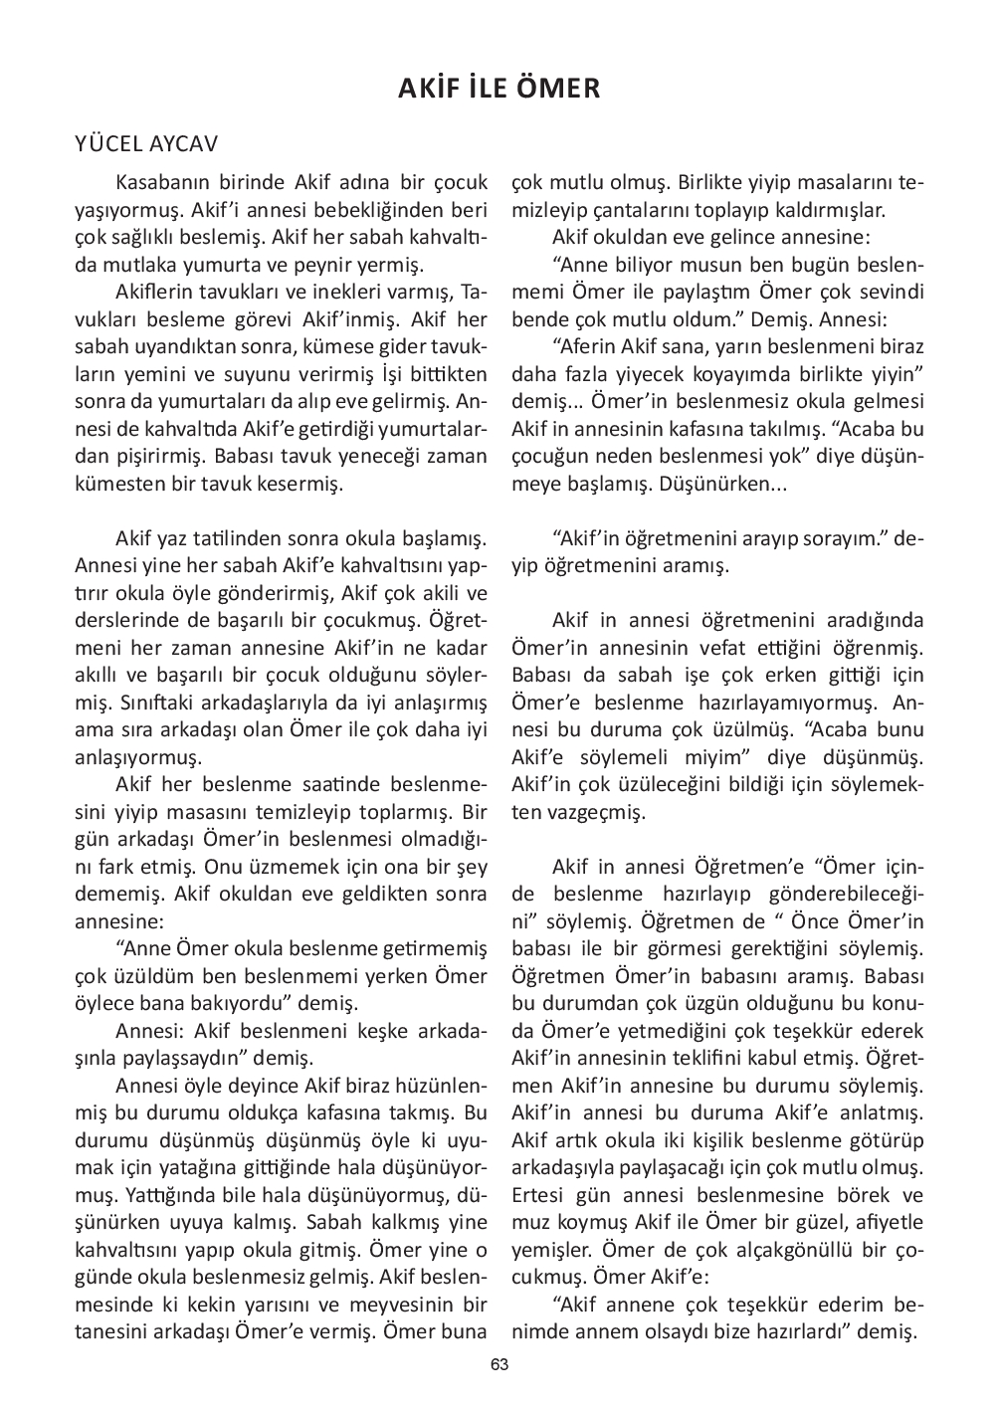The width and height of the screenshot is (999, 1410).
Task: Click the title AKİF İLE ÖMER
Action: click(499, 89)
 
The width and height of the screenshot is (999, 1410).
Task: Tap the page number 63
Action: click(499, 1365)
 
